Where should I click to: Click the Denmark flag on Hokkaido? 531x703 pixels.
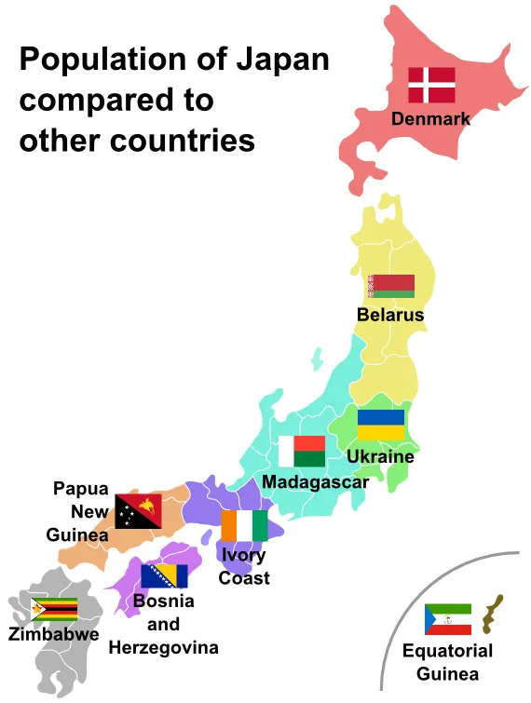[431, 85]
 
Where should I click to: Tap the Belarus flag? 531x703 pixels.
[391, 286]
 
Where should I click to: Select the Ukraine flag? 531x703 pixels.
[381, 425]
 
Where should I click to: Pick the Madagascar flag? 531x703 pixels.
[302, 452]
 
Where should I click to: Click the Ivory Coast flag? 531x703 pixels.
[244, 525]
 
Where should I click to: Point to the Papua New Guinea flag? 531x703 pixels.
[138, 511]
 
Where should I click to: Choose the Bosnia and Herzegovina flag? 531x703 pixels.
[164, 575]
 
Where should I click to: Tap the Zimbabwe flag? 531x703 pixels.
[54, 609]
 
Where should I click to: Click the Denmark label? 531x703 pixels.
[430, 119]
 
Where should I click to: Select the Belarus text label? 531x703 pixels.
[390, 315]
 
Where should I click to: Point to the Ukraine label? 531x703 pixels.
[380, 457]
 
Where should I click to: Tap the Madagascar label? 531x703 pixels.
[315, 482]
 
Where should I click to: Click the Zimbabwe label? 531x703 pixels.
[53, 635]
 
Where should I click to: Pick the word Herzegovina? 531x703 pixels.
[164, 647]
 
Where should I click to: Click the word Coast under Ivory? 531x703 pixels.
[244, 578]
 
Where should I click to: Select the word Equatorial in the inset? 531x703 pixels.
[447, 651]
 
